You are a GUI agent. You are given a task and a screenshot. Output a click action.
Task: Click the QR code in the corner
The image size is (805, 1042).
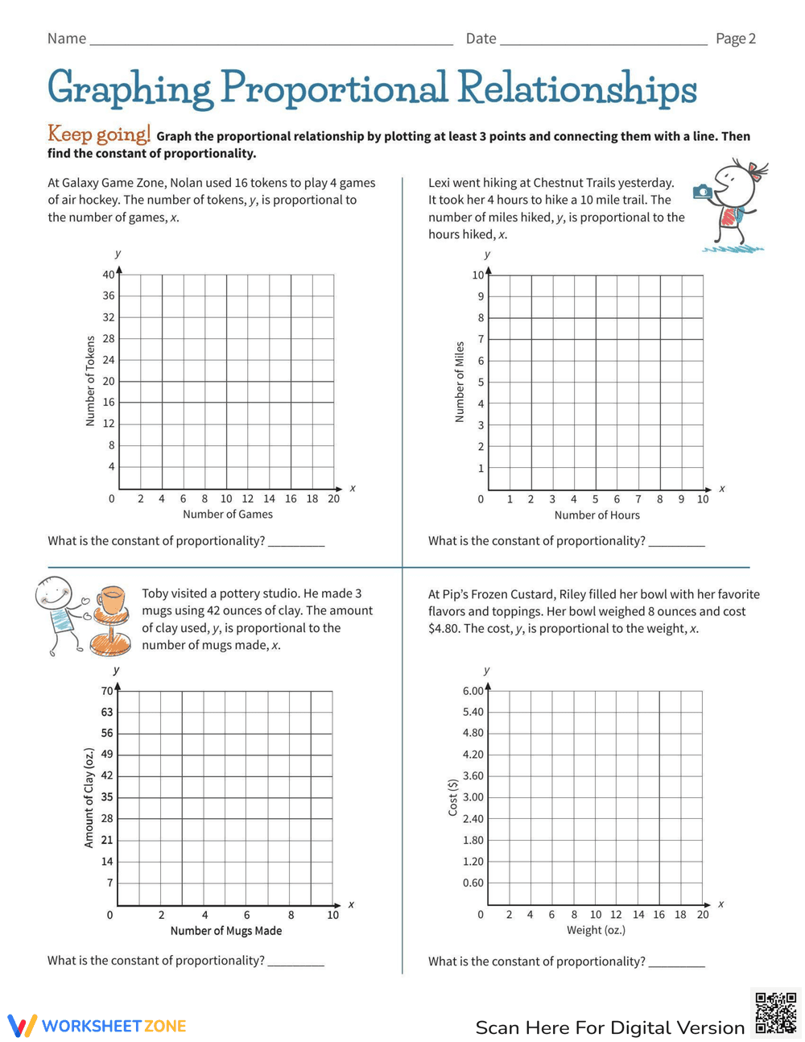point(776,1013)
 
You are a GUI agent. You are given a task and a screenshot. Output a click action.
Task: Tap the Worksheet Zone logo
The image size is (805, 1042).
point(97,1026)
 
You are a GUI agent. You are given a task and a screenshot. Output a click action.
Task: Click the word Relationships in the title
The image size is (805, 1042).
point(577,89)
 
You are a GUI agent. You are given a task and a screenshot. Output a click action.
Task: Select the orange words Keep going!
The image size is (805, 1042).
point(98,134)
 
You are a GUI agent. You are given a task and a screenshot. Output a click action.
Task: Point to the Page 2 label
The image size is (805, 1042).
point(735,39)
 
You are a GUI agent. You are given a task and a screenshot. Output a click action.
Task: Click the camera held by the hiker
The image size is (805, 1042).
point(703,192)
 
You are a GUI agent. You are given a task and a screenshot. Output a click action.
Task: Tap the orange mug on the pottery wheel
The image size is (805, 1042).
point(112,600)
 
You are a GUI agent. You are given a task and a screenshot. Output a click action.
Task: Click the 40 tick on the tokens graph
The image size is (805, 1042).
point(108,275)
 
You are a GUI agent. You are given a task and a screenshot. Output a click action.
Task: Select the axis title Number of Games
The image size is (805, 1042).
point(227,515)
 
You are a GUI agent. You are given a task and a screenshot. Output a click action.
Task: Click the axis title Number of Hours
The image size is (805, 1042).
point(597,515)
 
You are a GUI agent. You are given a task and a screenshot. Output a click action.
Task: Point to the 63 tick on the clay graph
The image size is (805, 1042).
point(107,712)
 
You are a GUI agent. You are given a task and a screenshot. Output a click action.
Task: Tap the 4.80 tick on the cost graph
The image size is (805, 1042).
point(473,733)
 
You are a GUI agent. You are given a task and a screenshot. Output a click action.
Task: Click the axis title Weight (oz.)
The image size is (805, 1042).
point(596,930)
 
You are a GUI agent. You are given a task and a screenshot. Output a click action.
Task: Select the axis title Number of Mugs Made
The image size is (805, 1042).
point(225,931)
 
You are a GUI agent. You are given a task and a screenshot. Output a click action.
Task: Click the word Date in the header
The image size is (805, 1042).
point(481,39)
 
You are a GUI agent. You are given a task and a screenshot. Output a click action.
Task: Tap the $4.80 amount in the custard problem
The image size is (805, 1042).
point(444,629)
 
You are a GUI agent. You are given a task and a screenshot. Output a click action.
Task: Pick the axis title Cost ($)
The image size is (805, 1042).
point(452,797)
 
